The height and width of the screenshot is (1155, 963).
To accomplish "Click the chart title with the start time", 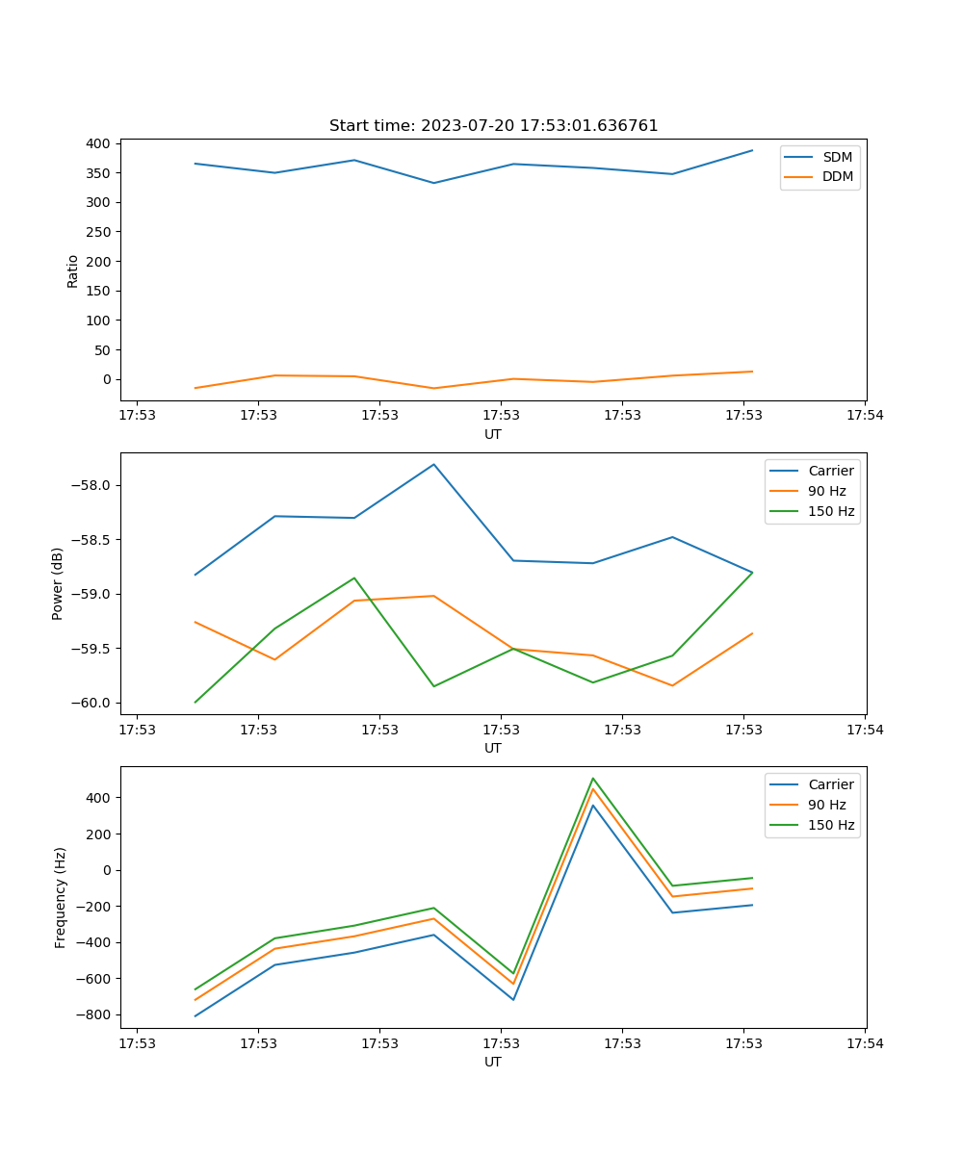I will pyautogui.click(x=493, y=126).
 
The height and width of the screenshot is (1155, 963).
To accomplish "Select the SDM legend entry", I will pyautogui.click(x=837, y=157).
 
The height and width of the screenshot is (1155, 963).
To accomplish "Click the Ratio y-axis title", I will pyautogui.click(x=73, y=270).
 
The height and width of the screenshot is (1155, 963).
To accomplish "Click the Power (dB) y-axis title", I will pyautogui.click(x=58, y=583).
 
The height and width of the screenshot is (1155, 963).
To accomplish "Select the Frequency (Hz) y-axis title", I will pyautogui.click(x=61, y=897).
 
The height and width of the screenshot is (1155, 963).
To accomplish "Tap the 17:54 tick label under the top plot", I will pyautogui.click(x=864, y=416).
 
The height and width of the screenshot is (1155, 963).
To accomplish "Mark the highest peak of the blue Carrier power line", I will pyautogui.click(x=433, y=464).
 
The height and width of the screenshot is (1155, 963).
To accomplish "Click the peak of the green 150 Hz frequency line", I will pyautogui.click(x=593, y=778).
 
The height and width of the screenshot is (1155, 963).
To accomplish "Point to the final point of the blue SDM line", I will pyautogui.click(x=752, y=150).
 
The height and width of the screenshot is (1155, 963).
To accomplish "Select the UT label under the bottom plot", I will pyautogui.click(x=493, y=1062).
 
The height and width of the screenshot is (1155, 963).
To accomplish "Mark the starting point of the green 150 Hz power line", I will pyautogui.click(x=195, y=702).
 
